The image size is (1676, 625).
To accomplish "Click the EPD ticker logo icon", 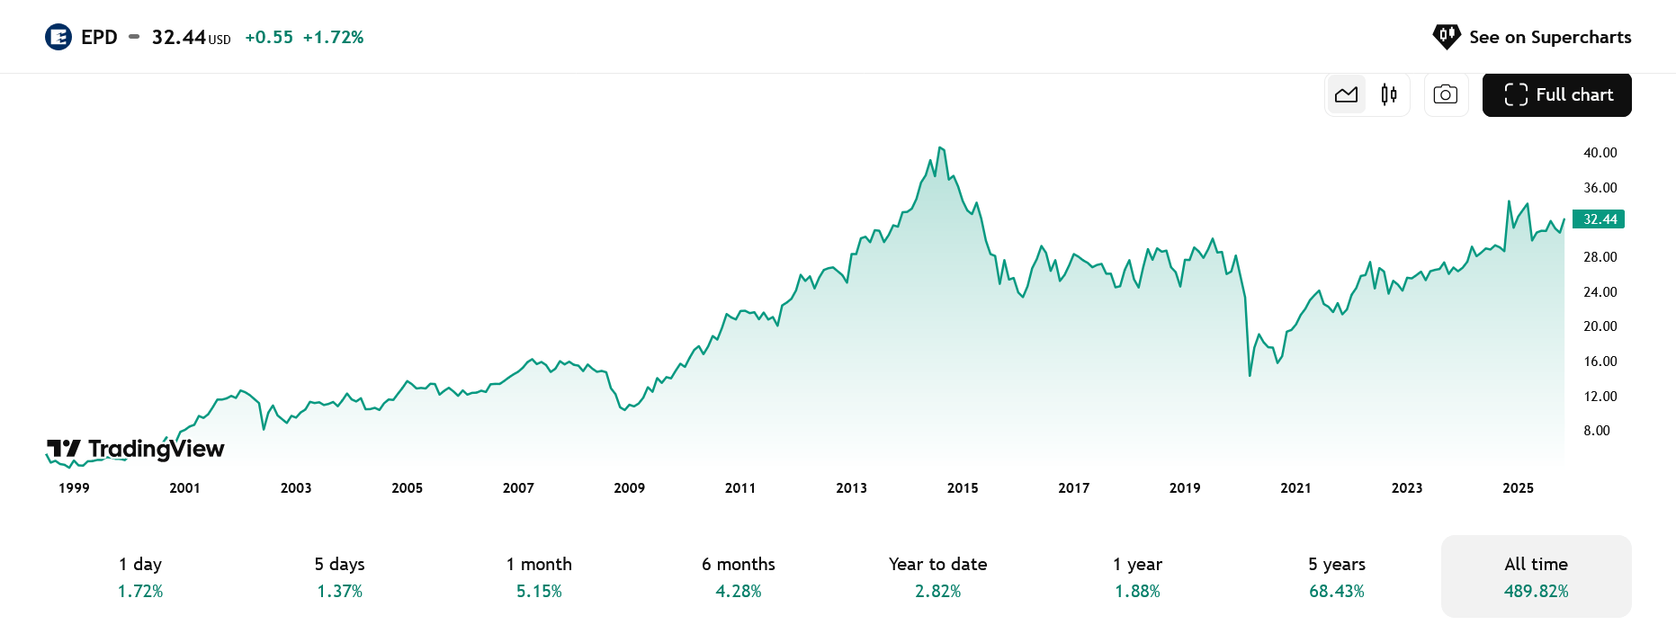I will pos(58,37).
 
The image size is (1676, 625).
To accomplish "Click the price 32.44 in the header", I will pos(179,37).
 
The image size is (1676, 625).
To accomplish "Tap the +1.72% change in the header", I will pos(333,37).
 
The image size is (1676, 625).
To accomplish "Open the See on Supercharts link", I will pos(1532,37).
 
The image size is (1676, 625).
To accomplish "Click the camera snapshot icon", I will pos(1446,94).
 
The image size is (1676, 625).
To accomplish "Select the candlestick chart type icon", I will pos(1389,94).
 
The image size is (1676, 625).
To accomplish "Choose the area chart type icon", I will pos(1347,94).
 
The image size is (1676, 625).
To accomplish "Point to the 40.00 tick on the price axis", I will pos(1600,153).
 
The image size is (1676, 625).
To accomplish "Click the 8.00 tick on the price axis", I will pos(1597,431).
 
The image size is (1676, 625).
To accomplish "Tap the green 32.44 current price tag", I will pos(1600,219).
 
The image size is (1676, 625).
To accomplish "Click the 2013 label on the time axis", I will pos(851,488).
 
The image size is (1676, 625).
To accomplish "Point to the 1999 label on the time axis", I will pos(74,488).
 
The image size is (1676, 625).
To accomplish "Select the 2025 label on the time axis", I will pos(1518,488).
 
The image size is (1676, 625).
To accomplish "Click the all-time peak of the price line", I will pos(939,147).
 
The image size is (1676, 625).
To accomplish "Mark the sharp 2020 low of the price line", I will pos(1250,374).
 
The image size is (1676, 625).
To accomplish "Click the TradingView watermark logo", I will pos(136,449).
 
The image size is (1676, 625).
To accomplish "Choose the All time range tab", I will pos(1536,576).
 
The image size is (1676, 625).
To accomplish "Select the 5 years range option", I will pos(1337,576).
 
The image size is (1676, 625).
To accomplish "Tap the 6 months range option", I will pos(739,576).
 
